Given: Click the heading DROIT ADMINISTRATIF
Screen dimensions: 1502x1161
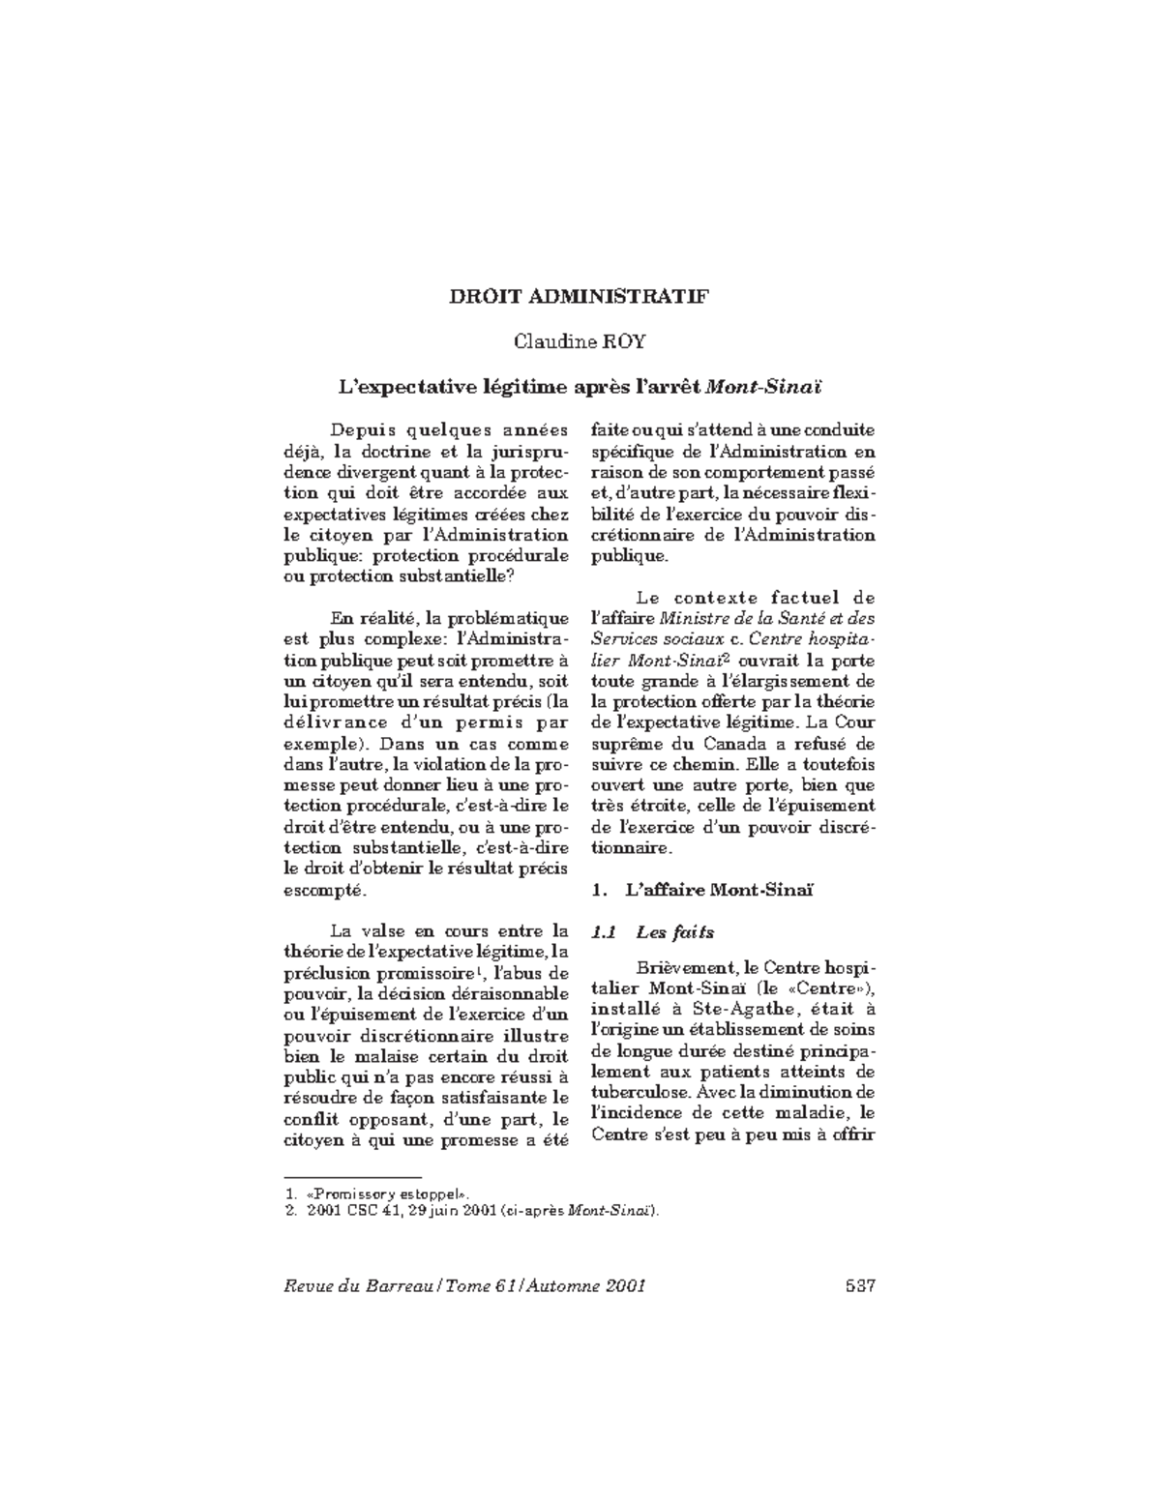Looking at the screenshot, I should (579, 296).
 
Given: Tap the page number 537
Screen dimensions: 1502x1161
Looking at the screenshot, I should (859, 1286).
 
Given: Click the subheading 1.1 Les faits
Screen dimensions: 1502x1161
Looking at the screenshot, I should (652, 932).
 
